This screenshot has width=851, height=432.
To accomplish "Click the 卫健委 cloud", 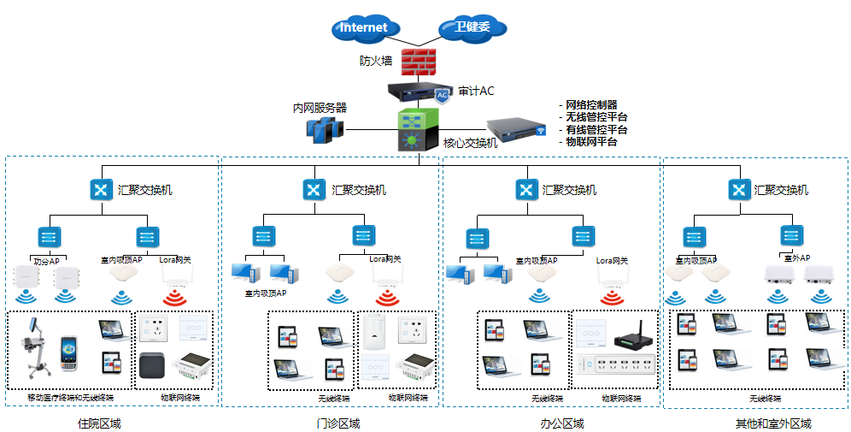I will coord(472,27).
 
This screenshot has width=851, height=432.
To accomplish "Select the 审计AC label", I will coord(476,91).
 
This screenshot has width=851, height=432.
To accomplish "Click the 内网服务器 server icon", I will coord(325,129).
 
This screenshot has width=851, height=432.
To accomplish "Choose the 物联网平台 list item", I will coord(591,141).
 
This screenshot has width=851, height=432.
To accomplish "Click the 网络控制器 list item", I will coord(591,105).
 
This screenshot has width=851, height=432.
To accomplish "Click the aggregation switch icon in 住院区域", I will coord(103,189).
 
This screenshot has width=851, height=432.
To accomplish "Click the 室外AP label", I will coord(797,257).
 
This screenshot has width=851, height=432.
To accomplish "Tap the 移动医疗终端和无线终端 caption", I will coord(71,398).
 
